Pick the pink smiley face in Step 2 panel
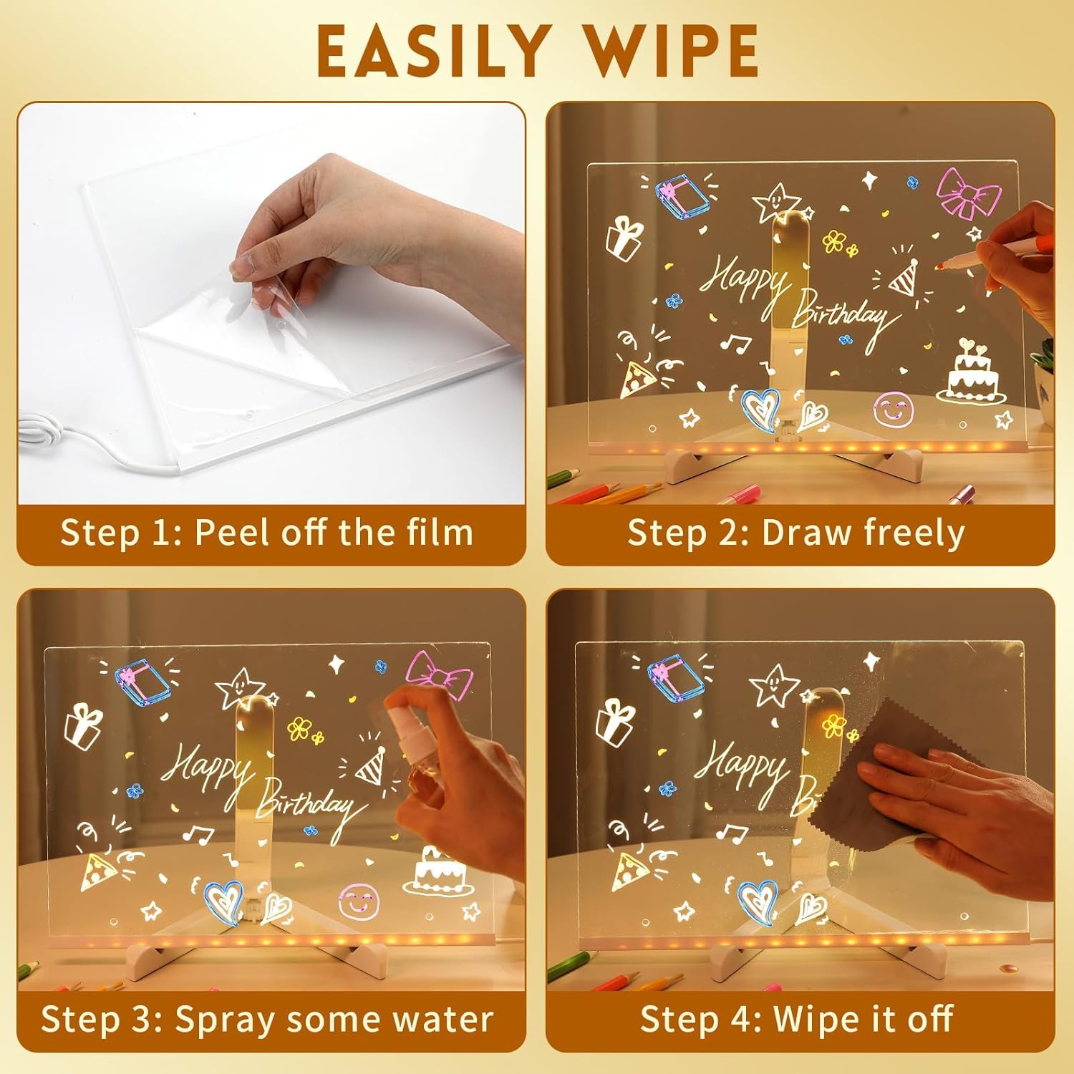coord(891,410)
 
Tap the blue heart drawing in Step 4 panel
coord(758,901)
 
